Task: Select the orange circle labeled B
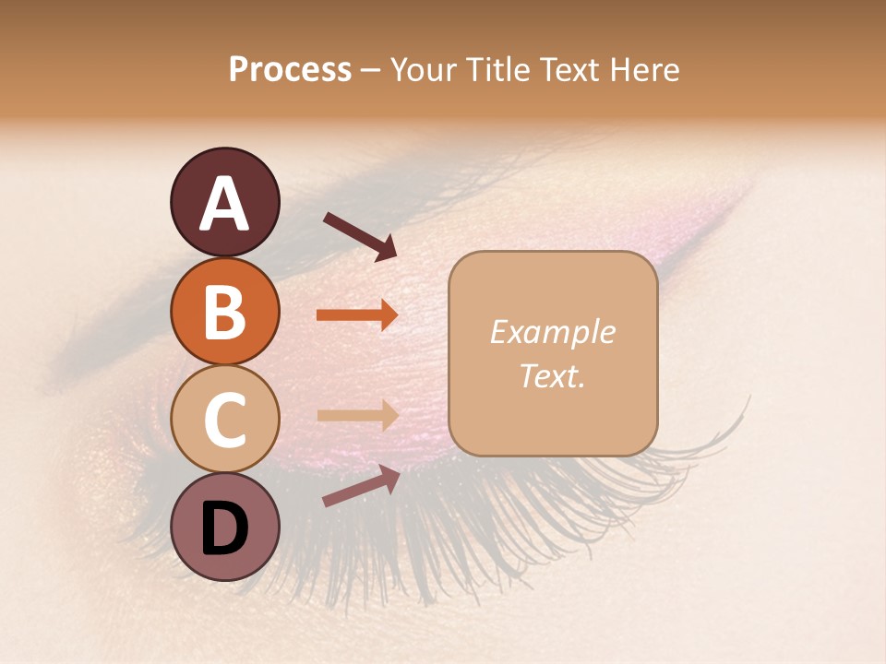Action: (x=224, y=312)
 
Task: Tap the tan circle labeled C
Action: (x=224, y=419)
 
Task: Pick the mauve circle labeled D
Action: (x=224, y=527)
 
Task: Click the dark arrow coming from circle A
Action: (x=359, y=235)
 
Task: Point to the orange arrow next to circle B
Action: (x=356, y=314)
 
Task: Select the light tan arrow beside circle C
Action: (x=356, y=416)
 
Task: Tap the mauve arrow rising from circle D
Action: (x=360, y=487)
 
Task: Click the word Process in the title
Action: (x=290, y=69)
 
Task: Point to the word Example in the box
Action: (x=552, y=332)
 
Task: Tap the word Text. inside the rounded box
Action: (x=552, y=376)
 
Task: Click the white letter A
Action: (x=224, y=204)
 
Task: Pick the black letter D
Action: (x=224, y=528)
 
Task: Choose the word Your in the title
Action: (x=423, y=69)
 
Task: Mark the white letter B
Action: (x=224, y=312)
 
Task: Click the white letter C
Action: (x=224, y=420)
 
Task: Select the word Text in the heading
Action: (x=570, y=69)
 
